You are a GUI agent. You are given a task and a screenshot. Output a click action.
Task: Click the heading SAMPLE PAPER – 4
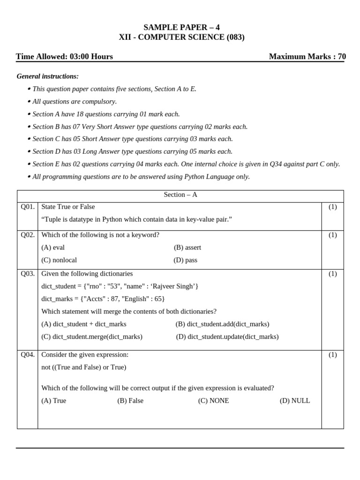point(181,27)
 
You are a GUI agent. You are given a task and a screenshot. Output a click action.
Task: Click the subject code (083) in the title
point(235,37)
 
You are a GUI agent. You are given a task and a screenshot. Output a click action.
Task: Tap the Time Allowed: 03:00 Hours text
point(64,57)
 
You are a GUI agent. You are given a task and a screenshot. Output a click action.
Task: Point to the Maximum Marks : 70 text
point(307,57)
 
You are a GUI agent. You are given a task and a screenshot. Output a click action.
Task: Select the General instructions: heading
point(47,76)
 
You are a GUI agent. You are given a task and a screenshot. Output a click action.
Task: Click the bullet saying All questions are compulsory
point(75,101)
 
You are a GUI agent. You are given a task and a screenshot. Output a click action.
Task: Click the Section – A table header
point(180,195)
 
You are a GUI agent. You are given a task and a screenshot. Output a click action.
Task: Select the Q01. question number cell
point(27,207)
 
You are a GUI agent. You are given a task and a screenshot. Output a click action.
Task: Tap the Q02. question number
point(27,235)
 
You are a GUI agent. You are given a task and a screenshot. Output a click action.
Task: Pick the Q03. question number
point(27,274)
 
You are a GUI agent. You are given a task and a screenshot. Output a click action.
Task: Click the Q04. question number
point(27,355)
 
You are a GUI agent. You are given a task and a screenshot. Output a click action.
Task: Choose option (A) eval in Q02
point(52,247)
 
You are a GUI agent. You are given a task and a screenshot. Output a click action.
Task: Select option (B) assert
point(187,247)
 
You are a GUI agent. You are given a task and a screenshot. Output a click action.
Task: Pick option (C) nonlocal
point(59,260)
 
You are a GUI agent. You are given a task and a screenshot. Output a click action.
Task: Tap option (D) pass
point(185,260)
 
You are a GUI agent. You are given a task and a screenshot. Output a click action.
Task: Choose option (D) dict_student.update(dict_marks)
point(227,337)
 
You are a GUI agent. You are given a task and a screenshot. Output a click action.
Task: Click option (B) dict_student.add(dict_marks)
point(222,324)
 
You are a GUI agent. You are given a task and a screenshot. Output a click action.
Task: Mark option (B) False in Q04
point(130,401)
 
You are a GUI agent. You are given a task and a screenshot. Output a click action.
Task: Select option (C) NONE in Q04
point(213,401)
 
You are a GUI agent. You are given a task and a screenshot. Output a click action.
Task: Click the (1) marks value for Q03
point(332,274)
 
